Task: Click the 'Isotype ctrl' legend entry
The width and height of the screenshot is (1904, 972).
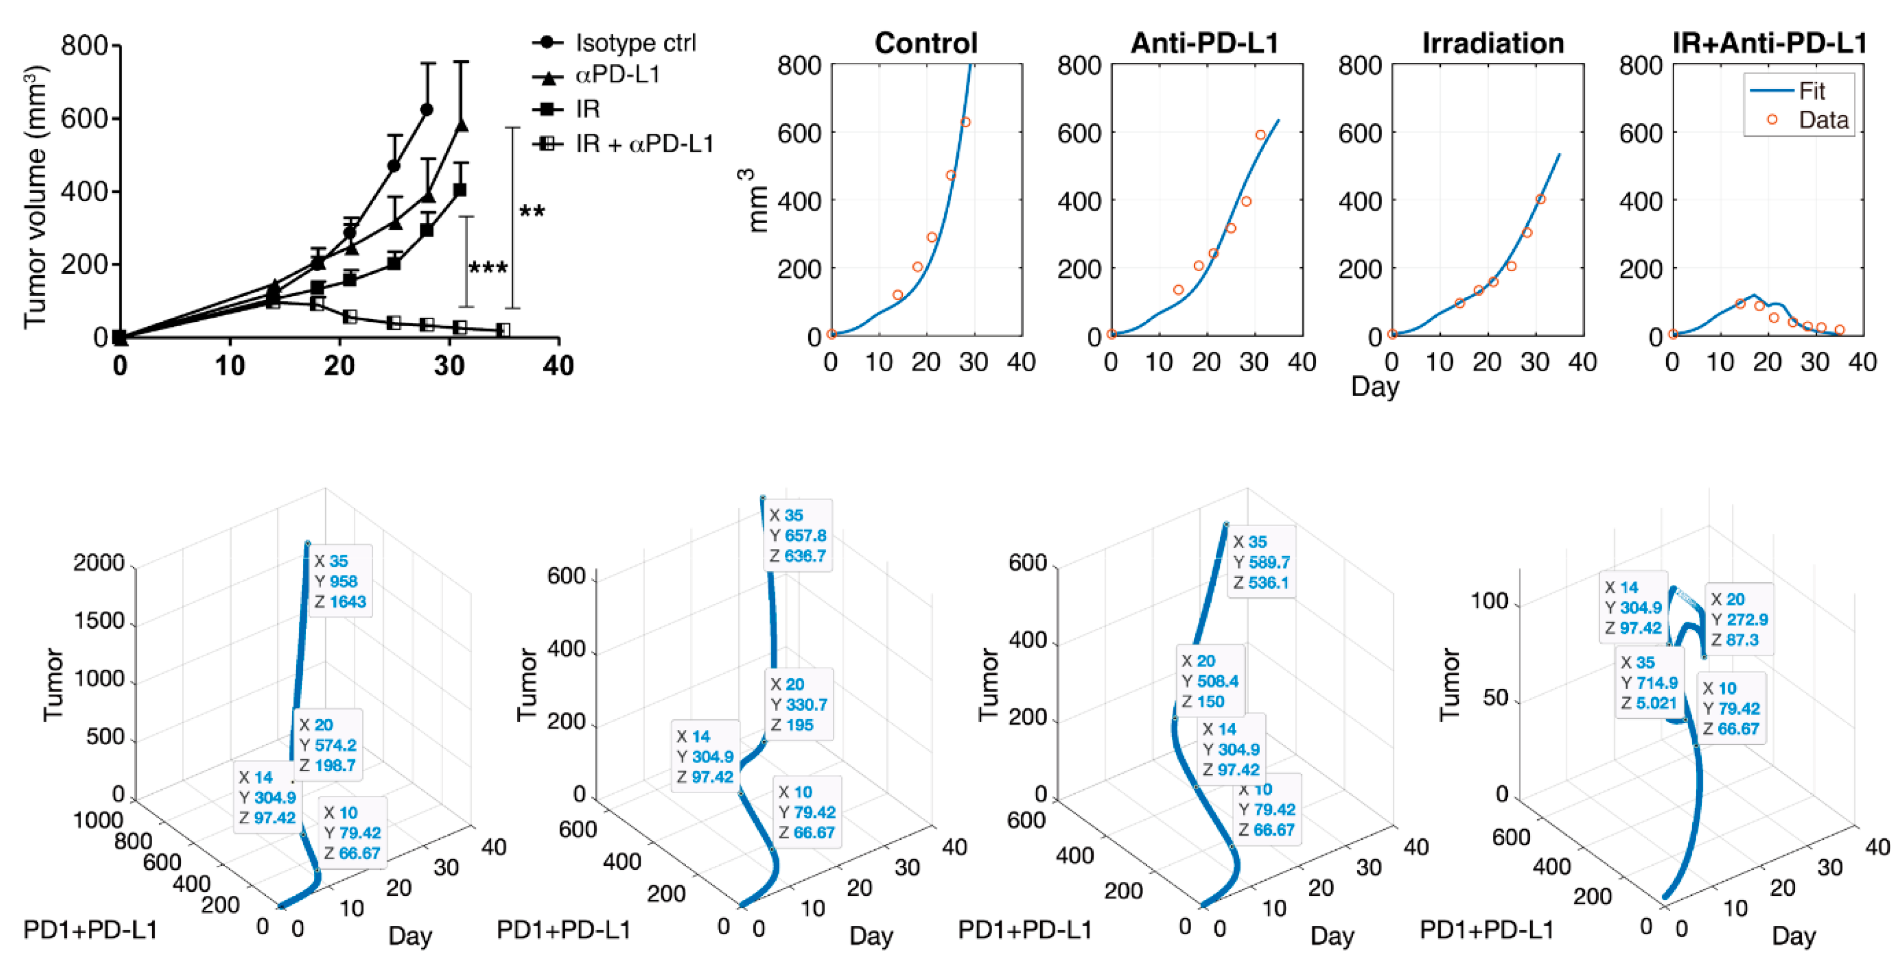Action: (x=634, y=43)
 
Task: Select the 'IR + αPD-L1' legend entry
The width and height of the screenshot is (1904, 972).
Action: (x=643, y=144)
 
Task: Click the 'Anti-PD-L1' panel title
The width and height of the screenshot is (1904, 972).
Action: (x=1205, y=43)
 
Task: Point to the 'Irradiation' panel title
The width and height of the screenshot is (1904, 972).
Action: (x=1492, y=43)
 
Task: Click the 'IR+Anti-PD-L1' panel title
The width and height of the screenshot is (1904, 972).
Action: (x=1770, y=43)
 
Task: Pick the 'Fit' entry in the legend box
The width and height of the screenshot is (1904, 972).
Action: (x=1811, y=91)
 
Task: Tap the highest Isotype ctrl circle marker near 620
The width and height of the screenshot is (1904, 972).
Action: (x=426, y=109)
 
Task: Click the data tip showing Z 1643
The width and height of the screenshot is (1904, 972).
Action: (x=339, y=581)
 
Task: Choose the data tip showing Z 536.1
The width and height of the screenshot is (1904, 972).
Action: (x=1261, y=562)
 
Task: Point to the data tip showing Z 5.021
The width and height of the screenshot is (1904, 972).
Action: (x=1648, y=682)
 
